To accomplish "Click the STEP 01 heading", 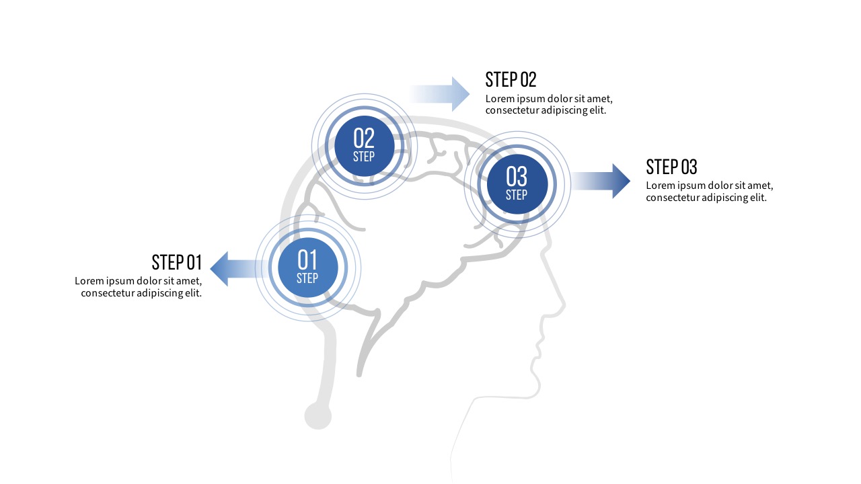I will click(176, 262).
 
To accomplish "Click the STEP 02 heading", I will click(511, 79).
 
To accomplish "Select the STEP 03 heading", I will click(671, 167).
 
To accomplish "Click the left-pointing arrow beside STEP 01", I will click(232, 269).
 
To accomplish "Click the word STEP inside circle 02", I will click(364, 157).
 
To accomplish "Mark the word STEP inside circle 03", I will click(517, 195).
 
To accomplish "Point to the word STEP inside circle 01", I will click(307, 278).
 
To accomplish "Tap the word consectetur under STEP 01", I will click(107, 293).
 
